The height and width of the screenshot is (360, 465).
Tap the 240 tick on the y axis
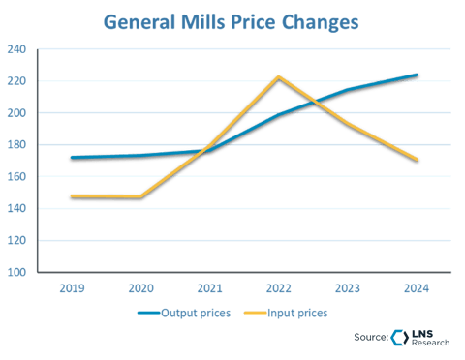[18, 49]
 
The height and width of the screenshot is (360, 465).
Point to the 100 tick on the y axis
[18, 272]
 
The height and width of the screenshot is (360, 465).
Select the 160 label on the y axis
[18, 177]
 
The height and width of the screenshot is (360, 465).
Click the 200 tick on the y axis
[18, 113]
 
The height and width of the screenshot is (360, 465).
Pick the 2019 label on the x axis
[73, 287]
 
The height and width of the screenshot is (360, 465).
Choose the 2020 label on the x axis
[141, 287]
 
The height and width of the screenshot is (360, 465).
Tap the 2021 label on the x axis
[210, 287]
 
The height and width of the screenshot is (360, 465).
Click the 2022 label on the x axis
[279, 287]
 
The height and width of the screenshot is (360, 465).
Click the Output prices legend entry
[189, 313]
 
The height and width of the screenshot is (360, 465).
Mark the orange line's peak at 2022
[279, 75]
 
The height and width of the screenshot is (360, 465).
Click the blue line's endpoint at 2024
[417, 74]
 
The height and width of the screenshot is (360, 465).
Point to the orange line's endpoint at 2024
[417, 161]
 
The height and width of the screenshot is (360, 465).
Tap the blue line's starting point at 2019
[73, 157]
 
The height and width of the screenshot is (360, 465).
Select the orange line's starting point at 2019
[73, 195]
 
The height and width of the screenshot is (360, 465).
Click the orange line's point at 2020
[141, 196]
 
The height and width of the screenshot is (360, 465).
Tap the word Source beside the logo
[372, 338]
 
